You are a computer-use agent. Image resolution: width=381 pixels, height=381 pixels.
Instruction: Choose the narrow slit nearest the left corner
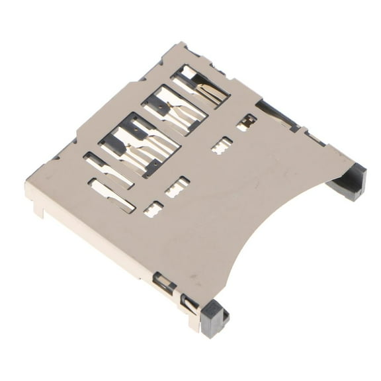(112, 196)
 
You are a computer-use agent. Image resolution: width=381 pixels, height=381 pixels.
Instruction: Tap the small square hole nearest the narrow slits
(153, 209)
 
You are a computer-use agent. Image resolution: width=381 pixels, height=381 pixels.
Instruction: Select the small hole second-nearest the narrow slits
(177, 187)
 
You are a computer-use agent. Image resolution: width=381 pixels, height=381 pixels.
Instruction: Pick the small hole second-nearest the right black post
(222, 145)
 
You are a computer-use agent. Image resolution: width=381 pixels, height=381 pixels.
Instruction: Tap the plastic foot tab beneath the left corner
(41, 210)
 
